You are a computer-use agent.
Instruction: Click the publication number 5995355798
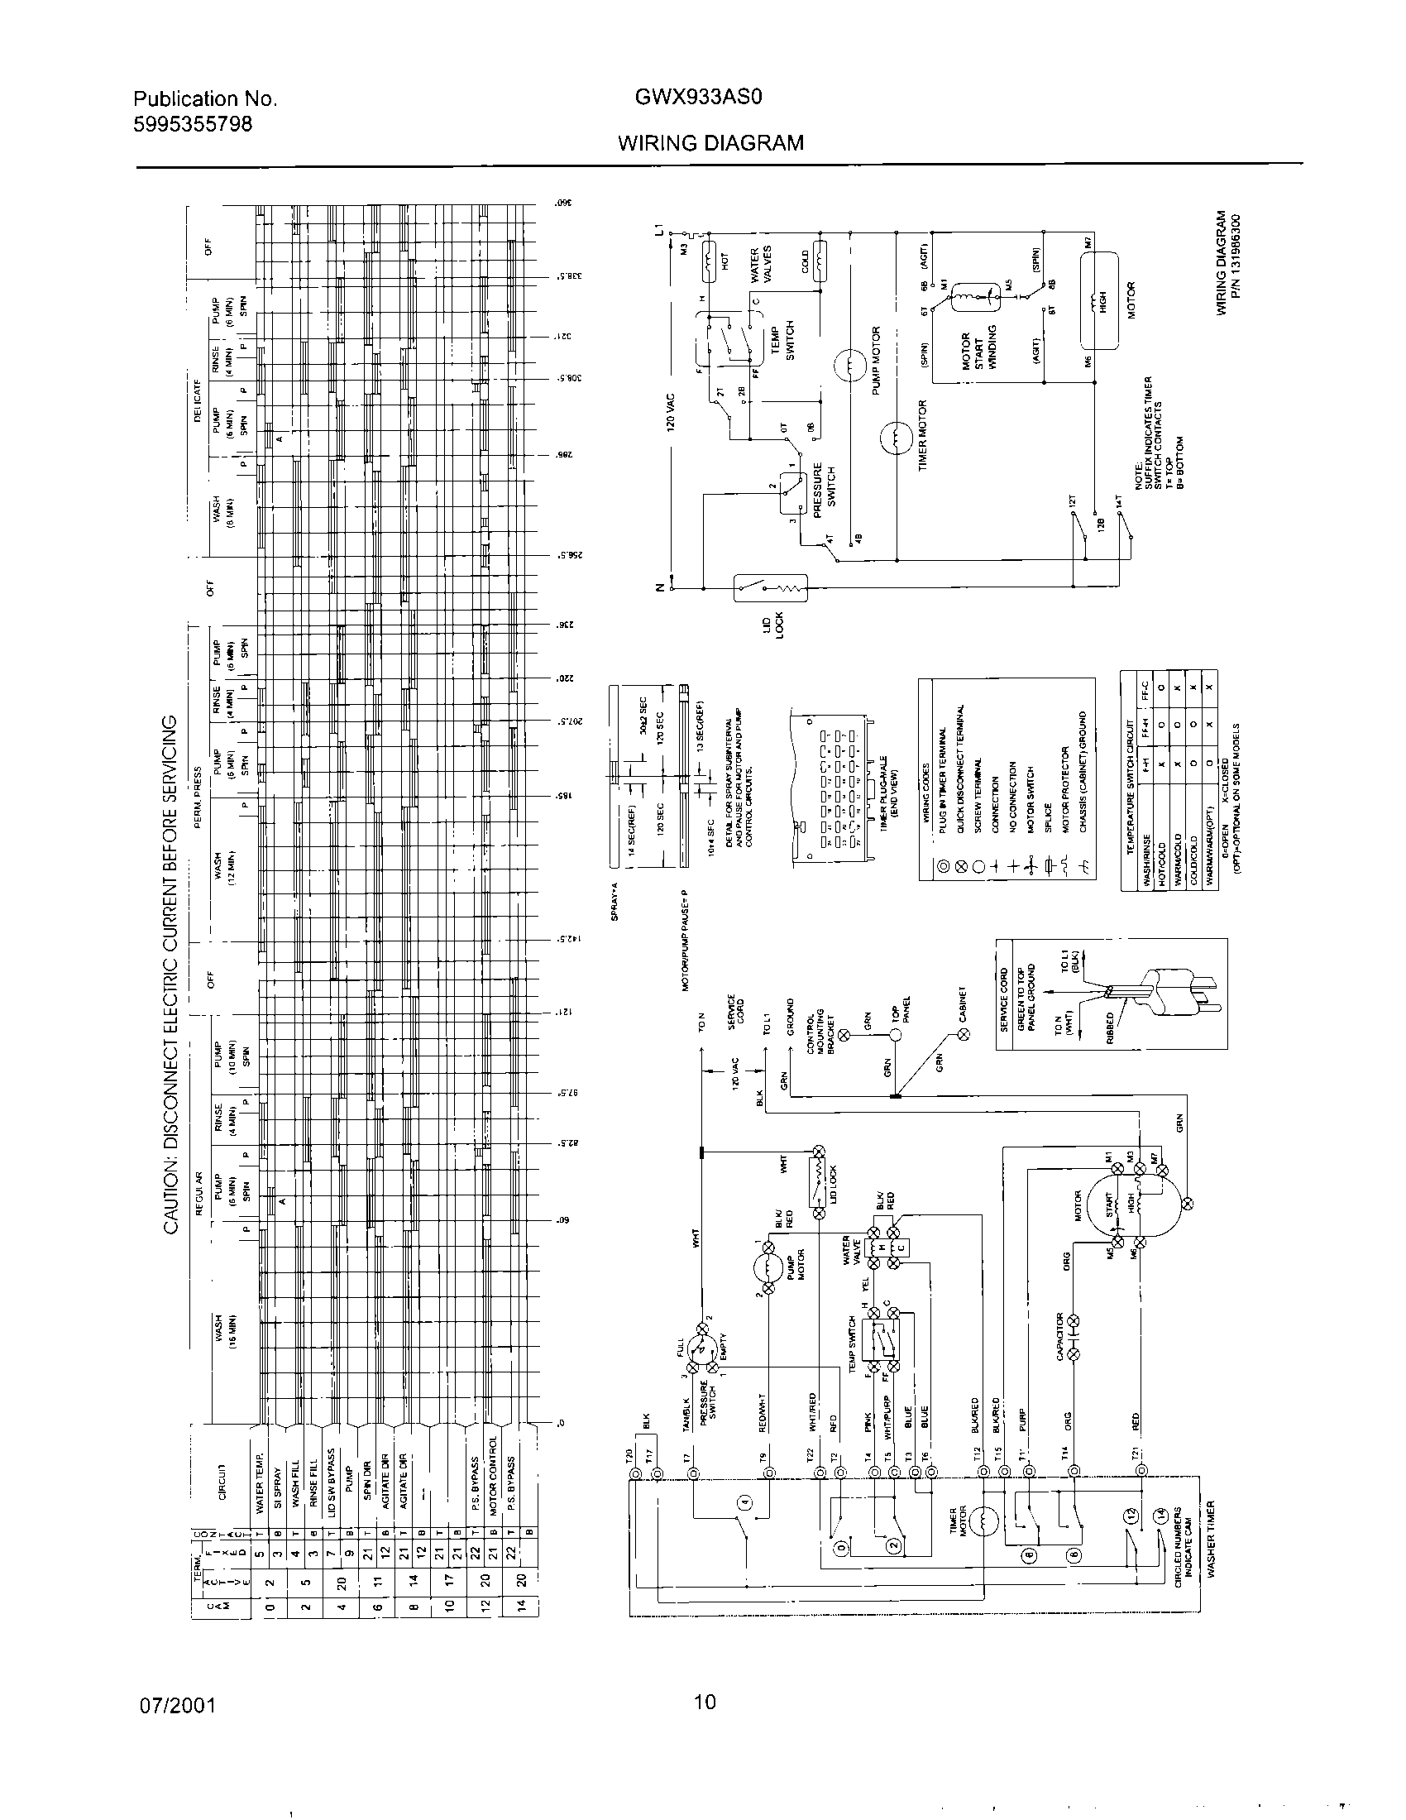[194, 124]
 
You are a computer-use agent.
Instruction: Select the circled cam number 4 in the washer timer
[744, 1502]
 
